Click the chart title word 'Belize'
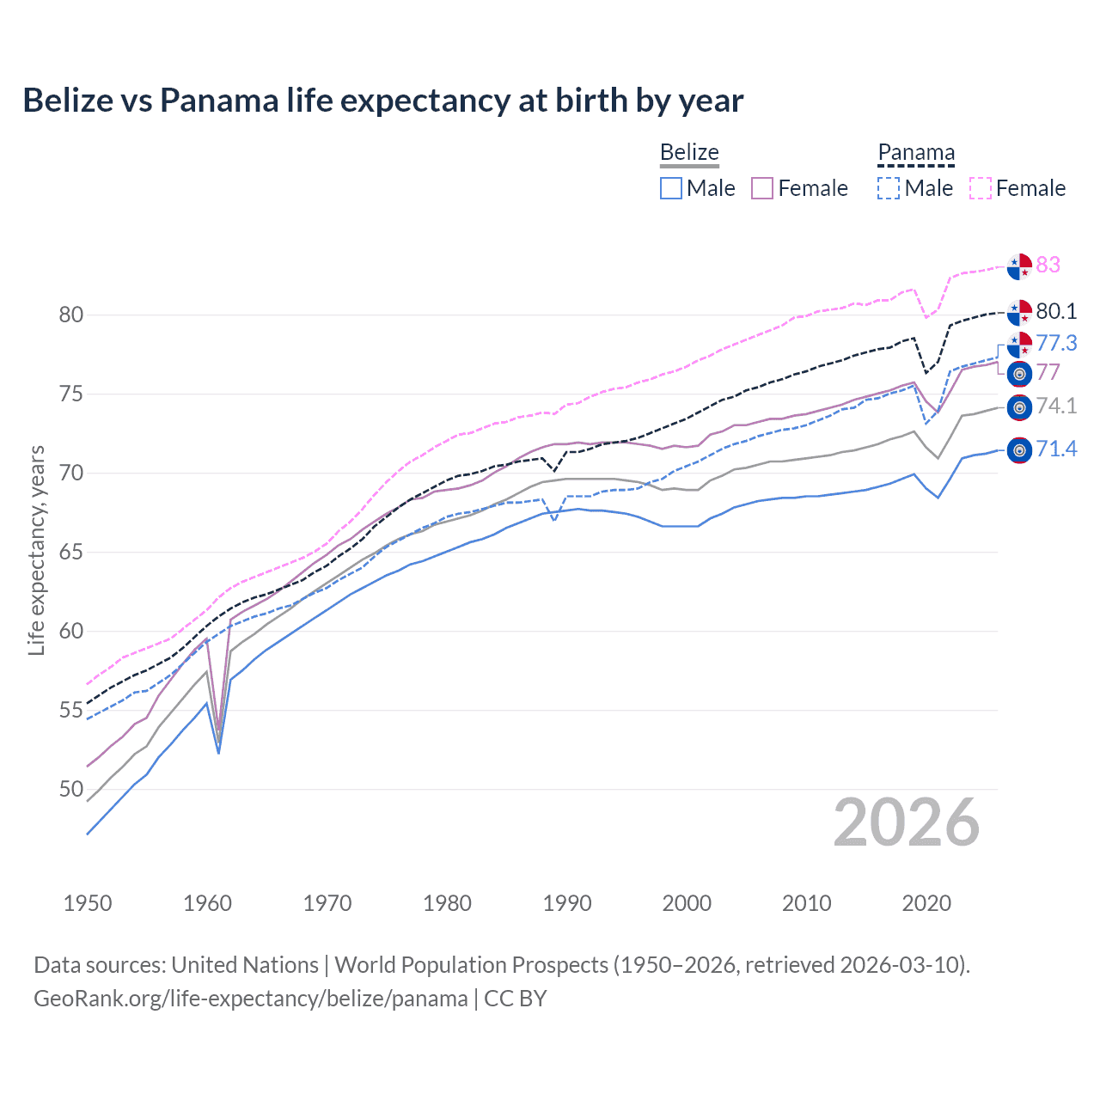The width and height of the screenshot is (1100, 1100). [68, 101]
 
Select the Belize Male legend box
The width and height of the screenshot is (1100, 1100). [671, 188]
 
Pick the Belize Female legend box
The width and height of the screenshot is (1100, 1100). [762, 188]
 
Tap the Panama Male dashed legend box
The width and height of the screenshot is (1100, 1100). [889, 188]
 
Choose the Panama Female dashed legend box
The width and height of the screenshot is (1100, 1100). [981, 188]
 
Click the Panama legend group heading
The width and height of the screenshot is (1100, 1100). [916, 153]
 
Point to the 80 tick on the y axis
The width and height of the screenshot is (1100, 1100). [71, 315]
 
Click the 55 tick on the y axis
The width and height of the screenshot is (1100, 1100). [71, 710]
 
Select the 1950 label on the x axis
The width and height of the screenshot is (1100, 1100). [88, 903]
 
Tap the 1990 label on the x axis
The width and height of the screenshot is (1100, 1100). [567, 903]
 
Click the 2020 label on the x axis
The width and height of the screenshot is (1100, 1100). [926, 903]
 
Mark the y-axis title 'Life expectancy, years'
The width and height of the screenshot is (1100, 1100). [36, 550]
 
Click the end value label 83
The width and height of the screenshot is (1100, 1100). [1048, 265]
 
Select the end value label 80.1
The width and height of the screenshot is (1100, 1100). [1056, 311]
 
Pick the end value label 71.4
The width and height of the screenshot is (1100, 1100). [1056, 449]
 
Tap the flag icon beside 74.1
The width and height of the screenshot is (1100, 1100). [1019, 407]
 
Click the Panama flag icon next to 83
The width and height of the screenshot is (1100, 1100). [1019, 266]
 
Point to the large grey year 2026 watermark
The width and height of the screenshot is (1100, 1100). [906, 822]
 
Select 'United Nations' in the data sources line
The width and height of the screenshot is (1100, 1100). [245, 965]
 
